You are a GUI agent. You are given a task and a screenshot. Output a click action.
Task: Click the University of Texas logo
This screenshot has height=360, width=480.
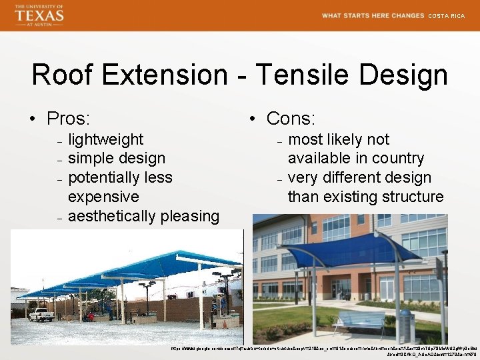click(x=39, y=15)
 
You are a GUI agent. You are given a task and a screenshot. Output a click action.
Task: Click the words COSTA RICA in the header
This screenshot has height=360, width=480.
click(x=446, y=16)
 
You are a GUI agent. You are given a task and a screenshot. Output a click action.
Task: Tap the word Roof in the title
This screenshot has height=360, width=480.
click(x=67, y=75)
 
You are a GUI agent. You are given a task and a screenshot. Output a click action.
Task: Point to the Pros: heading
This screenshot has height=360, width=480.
click(x=68, y=119)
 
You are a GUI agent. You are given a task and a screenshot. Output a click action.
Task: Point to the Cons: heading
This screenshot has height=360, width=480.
click(x=291, y=119)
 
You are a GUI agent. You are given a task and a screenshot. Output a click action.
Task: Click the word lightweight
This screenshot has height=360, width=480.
click(x=106, y=139)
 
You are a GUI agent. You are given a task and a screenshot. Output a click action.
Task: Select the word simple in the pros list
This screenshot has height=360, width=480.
click(x=90, y=159)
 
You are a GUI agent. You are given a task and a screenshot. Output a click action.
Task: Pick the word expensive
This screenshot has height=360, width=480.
click(x=103, y=197)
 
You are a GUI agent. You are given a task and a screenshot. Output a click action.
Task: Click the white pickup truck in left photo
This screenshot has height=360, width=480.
click(x=41, y=314)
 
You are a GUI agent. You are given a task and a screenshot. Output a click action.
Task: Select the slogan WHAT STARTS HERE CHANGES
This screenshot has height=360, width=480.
click(x=373, y=16)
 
